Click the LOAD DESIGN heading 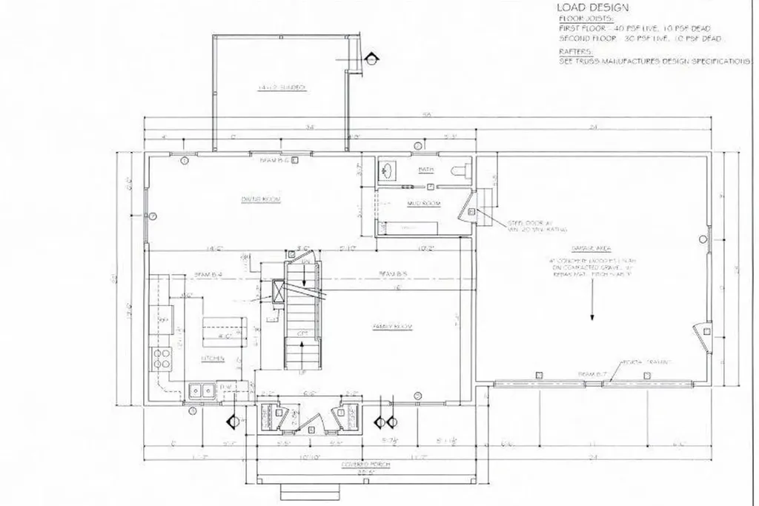[x=592, y=8]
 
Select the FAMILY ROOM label [x=392, y=327]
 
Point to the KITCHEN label [x=213, y=359]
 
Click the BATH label [x=425, y=170]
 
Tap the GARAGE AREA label [x=591, y=250]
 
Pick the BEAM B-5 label [x=392, y=274]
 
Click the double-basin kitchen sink [x=202, y=390]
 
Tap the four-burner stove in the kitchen [x=160, y=359]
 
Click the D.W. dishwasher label [x=226, y=387]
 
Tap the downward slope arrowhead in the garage [x=592, y=317]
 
